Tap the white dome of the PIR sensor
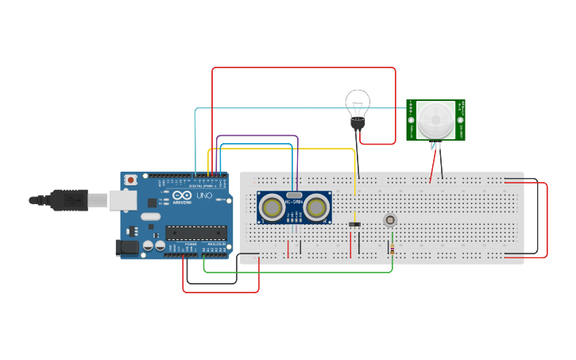pyautogui.click(x=435, y=119)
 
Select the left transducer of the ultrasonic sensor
pyautogui.click(x=273, y=207)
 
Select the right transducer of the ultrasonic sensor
pyautogui.click(x=317, y=207)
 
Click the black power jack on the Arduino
pyautogui.click(x=126, y=247)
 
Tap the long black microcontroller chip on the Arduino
pyautogui.click(x=195, y=233)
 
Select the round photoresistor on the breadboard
pyautogui.click(x=390, y=220)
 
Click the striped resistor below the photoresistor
pyautogui.click(x=392, y=249)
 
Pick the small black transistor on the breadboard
pyautogui.click(x=355, y=224)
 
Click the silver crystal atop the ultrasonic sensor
pyautogui.click(x=294, y=195)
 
